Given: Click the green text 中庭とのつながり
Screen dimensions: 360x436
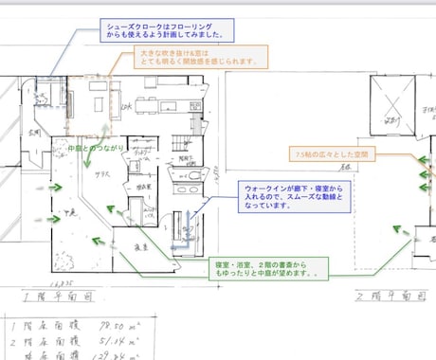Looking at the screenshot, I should pyautogui.click(x=84, y=149).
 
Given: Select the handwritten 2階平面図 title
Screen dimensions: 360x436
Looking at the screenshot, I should pyautogui.click(x=385, y=297).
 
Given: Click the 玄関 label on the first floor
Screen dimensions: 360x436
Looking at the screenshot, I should pyautogui.click(x=34, y=132).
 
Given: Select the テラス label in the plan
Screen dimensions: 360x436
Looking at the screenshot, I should pyautogui.click(x=98, y=176).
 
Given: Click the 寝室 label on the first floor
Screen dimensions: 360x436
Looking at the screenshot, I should pyautogui.click(x=138, y=245).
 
